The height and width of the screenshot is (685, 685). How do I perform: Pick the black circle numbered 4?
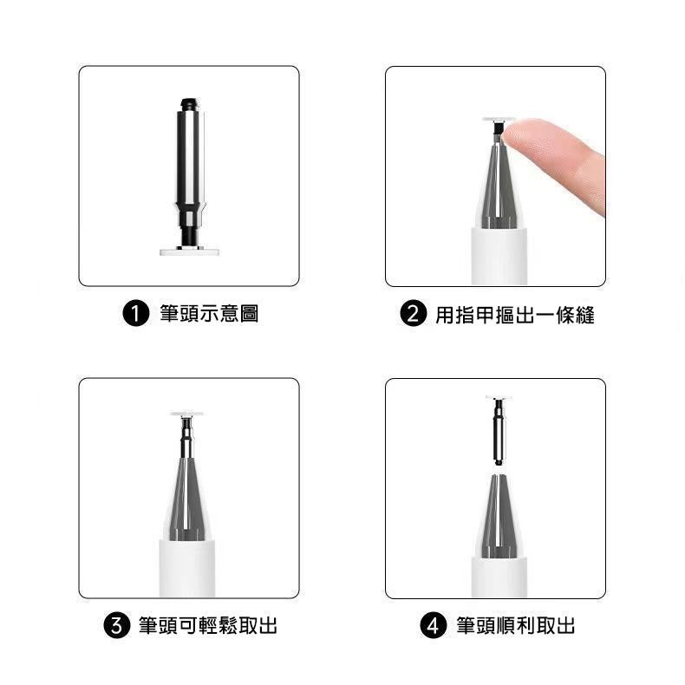[433, 625]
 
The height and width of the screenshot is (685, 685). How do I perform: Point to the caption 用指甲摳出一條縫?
[514, 314]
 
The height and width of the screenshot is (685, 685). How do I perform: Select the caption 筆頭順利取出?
[515, 625]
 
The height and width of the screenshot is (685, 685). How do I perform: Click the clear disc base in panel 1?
[189, 251]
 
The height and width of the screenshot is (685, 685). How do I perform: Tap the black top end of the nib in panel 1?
[189, 103]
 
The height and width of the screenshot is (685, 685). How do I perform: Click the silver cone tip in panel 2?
[496, 186]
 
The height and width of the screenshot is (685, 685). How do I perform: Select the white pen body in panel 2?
[496, 256]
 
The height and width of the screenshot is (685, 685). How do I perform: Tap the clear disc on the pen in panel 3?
[187, 414]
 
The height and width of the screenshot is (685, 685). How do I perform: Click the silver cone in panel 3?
[187, 503]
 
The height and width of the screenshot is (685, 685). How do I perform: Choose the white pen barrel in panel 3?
[187, 568]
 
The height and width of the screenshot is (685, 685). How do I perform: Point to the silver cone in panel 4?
[498, 520]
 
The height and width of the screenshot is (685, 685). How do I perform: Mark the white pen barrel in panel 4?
[498, 577]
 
